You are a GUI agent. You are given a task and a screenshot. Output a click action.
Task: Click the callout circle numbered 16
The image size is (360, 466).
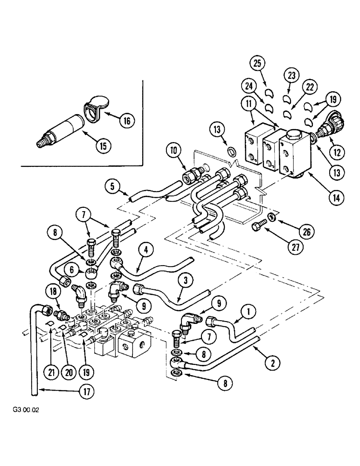coord(126,121)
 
